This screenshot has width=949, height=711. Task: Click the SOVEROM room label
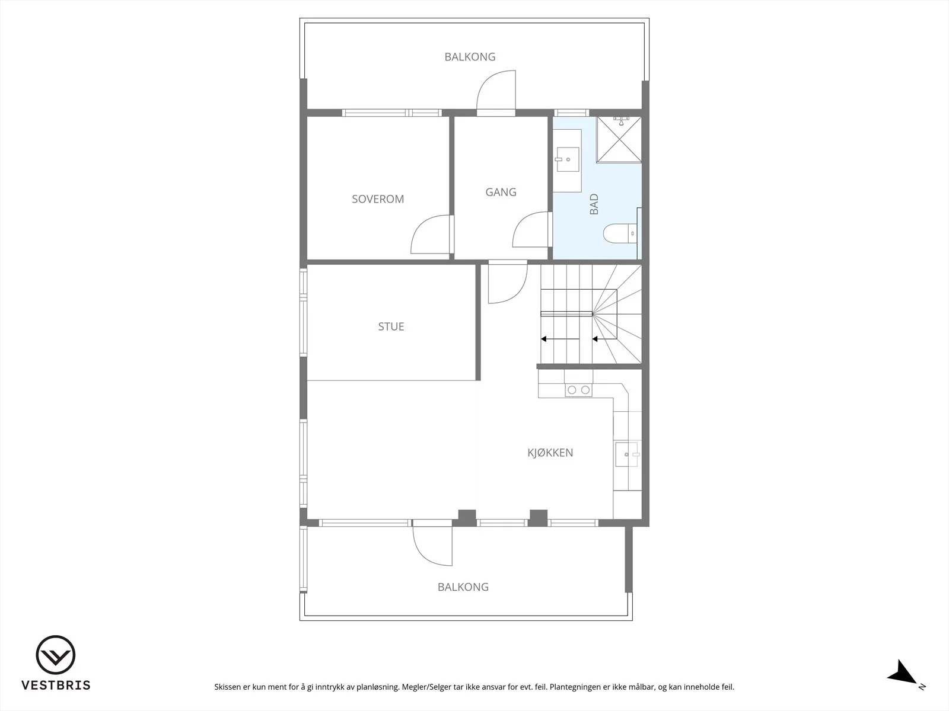(x=378, y=199)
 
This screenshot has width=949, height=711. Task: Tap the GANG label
(x=501, y=192)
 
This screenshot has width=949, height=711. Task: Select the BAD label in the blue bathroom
(x=594, y=204)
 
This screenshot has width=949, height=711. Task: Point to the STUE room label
(x=391, y=326)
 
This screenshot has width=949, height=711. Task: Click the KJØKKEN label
(x=550, y=453)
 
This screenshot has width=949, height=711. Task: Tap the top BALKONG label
(x=470, y=56)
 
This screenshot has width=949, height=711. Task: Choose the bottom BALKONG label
(x=463, y=587)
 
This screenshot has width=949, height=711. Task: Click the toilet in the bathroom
(x=620, y=233)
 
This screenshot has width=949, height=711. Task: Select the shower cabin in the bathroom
(x=619, y=139)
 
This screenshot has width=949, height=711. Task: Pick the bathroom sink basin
(x=568, y=159)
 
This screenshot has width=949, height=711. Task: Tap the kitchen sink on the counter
(x=627, y=454)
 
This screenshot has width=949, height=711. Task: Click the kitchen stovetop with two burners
(x=578, y=390)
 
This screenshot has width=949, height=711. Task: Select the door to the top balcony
(x=496, y=92)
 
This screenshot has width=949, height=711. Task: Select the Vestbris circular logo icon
(x=56, y=655)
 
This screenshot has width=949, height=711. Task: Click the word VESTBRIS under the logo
(x=56, y=685)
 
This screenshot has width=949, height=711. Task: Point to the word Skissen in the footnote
(x=228, y=687)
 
